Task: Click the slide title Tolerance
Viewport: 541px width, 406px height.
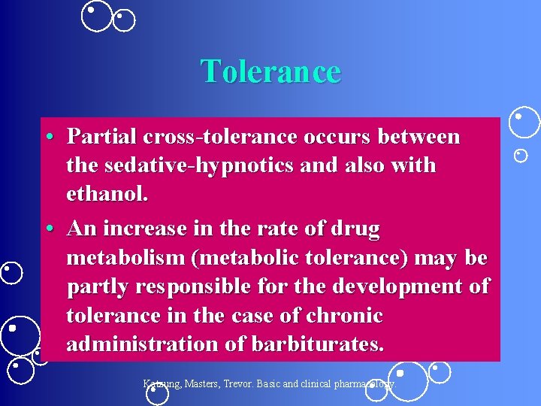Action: [270, 71]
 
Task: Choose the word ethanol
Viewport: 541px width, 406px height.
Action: [107, 194]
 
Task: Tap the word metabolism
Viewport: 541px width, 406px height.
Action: [125, 258]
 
